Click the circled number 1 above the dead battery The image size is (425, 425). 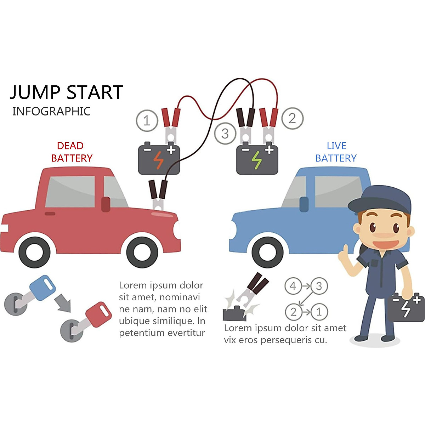[147, 121]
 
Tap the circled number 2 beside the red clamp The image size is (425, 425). [292, 118]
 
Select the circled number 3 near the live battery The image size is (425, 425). [225, 134]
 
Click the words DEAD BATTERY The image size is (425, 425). [71, 152]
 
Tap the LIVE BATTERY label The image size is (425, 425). [336, 152]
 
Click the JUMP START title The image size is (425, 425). [67, 92]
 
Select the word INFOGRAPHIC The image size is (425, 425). [51, 111]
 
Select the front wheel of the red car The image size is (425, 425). [142, 253]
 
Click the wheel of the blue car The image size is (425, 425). [267, 252]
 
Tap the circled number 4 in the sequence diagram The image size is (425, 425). [293, 286]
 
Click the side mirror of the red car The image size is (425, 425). [106, 204]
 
